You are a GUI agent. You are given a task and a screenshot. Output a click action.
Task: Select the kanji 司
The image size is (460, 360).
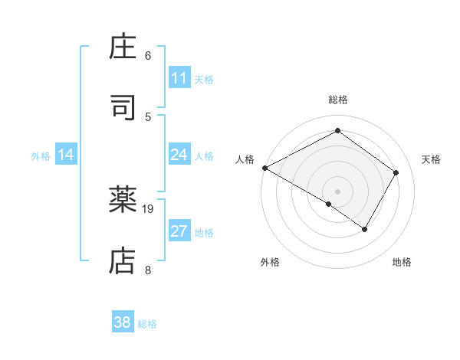(123, 108)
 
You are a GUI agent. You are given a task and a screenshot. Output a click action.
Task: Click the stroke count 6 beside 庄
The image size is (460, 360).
(147, 56)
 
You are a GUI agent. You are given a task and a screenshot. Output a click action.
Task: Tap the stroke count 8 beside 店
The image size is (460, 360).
(147, 269)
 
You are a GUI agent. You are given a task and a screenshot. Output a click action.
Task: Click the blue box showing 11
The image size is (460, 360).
(179, 78)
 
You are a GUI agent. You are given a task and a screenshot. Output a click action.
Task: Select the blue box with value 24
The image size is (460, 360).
(179, 155)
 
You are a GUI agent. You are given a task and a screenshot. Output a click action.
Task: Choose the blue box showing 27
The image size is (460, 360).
(179, 232)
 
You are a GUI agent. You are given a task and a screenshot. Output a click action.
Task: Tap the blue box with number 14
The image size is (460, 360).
(66, 155)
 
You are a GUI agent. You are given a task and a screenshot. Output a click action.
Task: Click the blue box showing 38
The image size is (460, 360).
(122, 322)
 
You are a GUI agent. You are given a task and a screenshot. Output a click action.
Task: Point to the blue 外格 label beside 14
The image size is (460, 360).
(41, 156)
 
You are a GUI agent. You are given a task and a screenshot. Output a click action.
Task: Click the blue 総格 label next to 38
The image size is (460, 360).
(147, 324)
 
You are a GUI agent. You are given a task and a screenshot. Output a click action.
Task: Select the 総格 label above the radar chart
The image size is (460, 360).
(338, 100)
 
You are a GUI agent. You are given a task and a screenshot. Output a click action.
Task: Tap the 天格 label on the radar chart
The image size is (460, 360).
(432, 159)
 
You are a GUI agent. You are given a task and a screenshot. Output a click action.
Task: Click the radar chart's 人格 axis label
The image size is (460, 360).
(245, 159)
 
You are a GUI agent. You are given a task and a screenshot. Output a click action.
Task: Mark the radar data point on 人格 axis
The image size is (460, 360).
(264, 168)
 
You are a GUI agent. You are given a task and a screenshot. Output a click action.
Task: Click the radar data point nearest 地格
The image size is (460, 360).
(365, 229)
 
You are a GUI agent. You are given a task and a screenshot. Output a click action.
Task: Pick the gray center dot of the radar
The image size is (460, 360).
(338, 191)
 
